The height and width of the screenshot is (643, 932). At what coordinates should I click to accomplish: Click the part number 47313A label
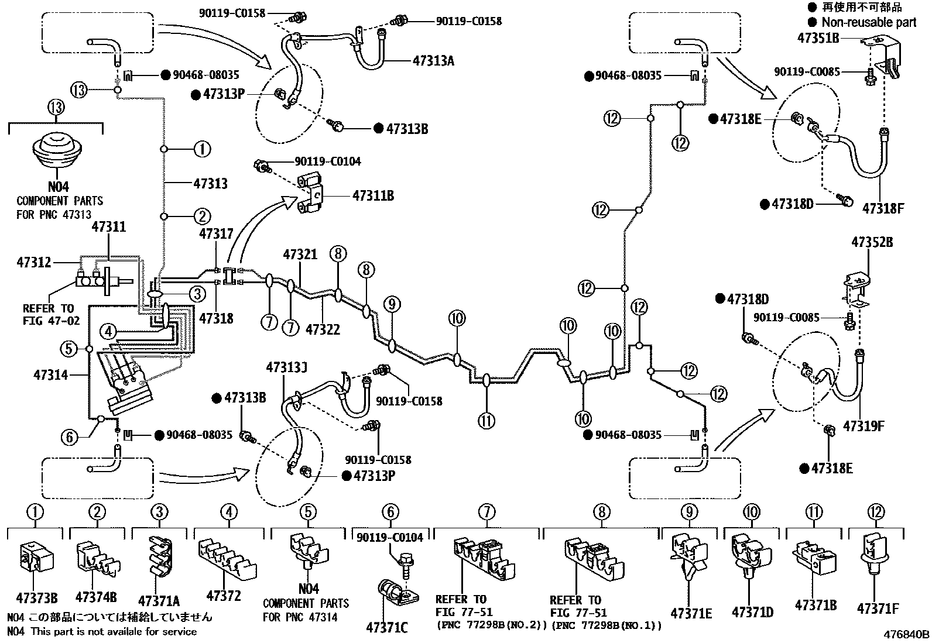coord(434,60)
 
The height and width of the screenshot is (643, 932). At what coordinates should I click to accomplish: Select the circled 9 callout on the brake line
coord(392,304)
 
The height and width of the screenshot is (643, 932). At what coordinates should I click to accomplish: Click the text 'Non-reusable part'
coord(869,22)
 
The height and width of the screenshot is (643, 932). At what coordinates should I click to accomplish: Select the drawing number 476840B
coord(906,634)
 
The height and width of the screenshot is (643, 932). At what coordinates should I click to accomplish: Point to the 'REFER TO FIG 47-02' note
coord(49,314)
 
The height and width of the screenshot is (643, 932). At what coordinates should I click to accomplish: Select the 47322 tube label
coord(323,329)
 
